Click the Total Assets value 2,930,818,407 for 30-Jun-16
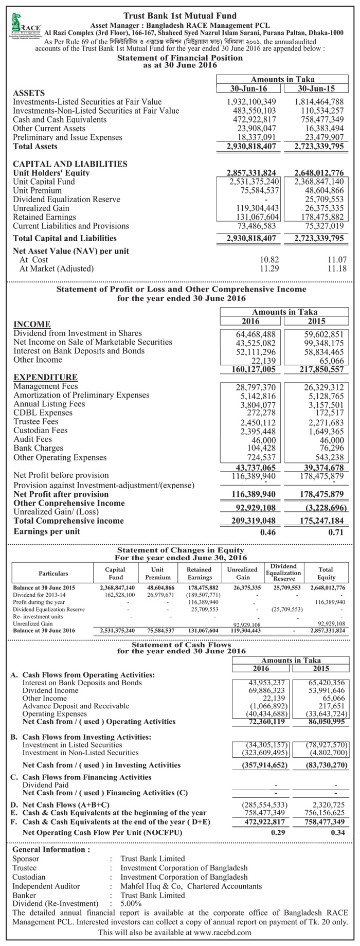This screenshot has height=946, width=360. pos(251,147)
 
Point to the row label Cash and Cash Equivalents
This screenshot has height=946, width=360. pos(60,119)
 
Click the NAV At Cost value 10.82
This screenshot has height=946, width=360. pos(269,259)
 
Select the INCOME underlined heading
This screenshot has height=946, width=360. pos(32,324)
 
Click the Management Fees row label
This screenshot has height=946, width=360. pos(46,386)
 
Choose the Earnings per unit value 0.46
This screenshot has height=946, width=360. pos(268,532)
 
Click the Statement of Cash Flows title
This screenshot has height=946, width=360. pos(181,644)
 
